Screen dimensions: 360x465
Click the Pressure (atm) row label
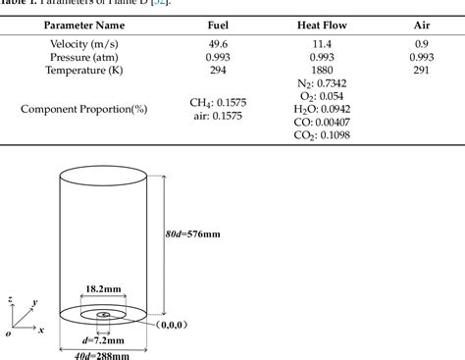click(x=80, y=57)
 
